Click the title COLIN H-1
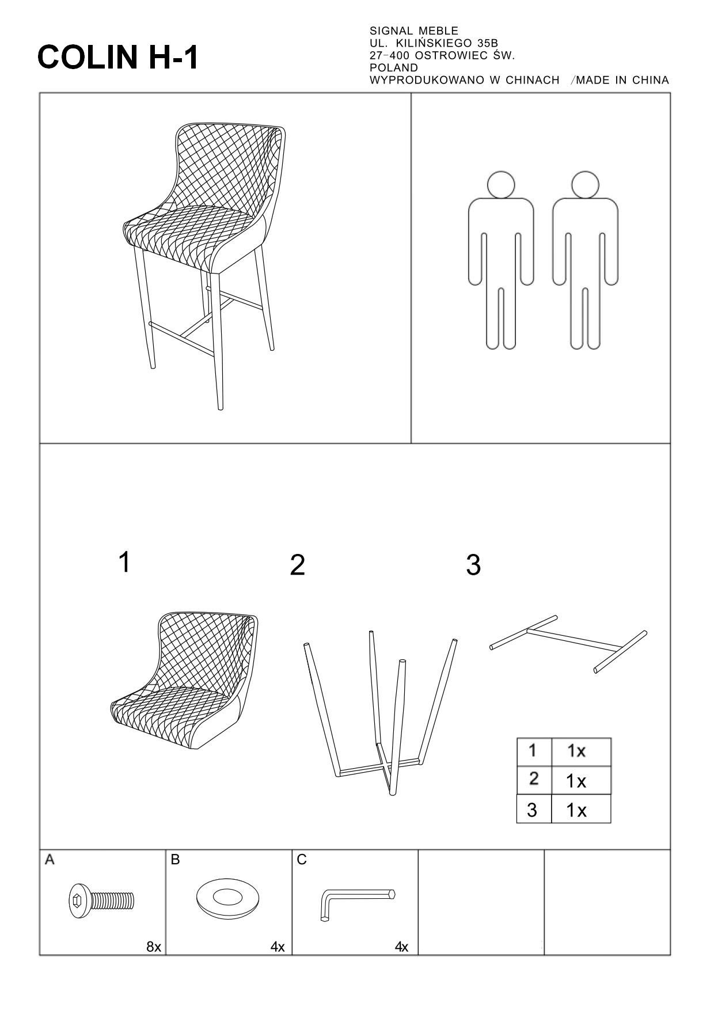point(118,58)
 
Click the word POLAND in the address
point(394,68)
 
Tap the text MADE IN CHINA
point(622,80)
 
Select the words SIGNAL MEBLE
point(414,31)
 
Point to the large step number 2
point(297,565)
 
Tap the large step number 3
point(473,565)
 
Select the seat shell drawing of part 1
point(184,680)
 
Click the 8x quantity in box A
point(154,947)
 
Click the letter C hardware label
point(302,860)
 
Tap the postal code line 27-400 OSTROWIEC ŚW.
point(442,56)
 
